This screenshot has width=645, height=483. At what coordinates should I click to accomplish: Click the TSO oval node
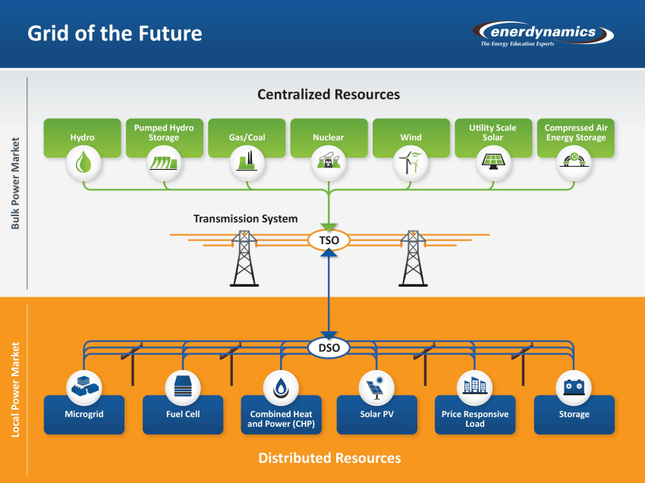329,241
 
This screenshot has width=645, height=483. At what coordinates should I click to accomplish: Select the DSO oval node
329,348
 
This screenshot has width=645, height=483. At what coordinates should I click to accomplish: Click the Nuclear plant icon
329,162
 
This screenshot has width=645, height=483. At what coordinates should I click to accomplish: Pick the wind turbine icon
411,162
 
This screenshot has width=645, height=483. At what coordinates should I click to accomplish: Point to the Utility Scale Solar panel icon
492,162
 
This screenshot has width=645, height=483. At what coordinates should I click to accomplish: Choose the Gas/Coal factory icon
247,162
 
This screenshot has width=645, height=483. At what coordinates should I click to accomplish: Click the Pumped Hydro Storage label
164,133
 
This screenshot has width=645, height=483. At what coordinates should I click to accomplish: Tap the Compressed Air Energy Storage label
575,133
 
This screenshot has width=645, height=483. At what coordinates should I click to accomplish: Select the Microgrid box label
83,415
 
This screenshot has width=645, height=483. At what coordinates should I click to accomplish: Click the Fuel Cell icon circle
183,387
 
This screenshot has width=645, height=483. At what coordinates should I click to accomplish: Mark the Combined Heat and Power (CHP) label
281,419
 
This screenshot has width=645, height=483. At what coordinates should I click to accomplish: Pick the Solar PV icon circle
377,387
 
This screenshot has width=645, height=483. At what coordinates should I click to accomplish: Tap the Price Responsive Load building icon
475,387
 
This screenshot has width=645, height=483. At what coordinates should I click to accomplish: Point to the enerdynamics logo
544,33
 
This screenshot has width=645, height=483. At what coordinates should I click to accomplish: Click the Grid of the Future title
115,33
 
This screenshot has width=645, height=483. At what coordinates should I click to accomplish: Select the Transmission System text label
245,219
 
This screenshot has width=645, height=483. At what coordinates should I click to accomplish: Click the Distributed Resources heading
329,458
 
